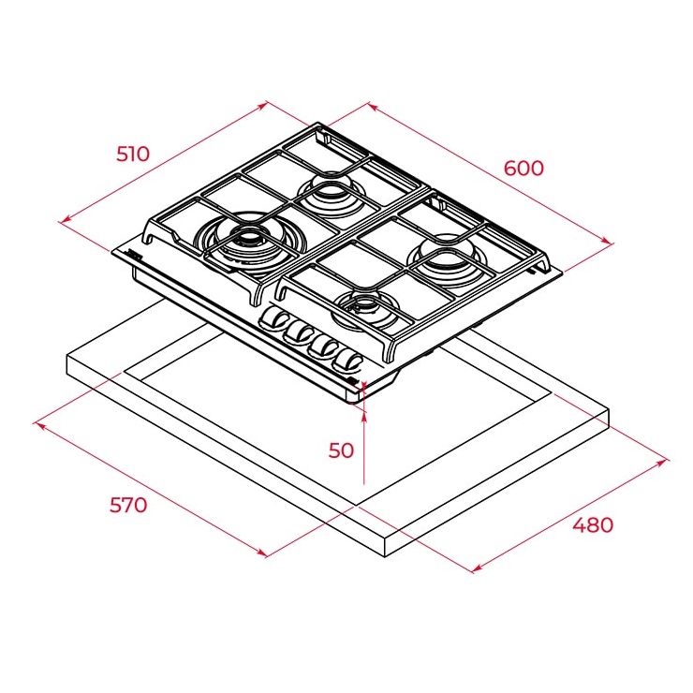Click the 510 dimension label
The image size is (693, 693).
click(x=133, y=154)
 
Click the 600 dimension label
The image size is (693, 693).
click(x=523, y=169)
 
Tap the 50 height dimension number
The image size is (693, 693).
click(x=341, y=450)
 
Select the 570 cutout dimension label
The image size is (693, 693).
click(x=128, y=505)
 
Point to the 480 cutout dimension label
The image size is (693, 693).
click(x=593, y=524)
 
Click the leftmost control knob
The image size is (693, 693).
click(x=274, y=318)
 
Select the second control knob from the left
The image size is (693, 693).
click(x=299, y=332)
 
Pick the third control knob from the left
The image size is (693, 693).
click(x=323, y=346)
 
